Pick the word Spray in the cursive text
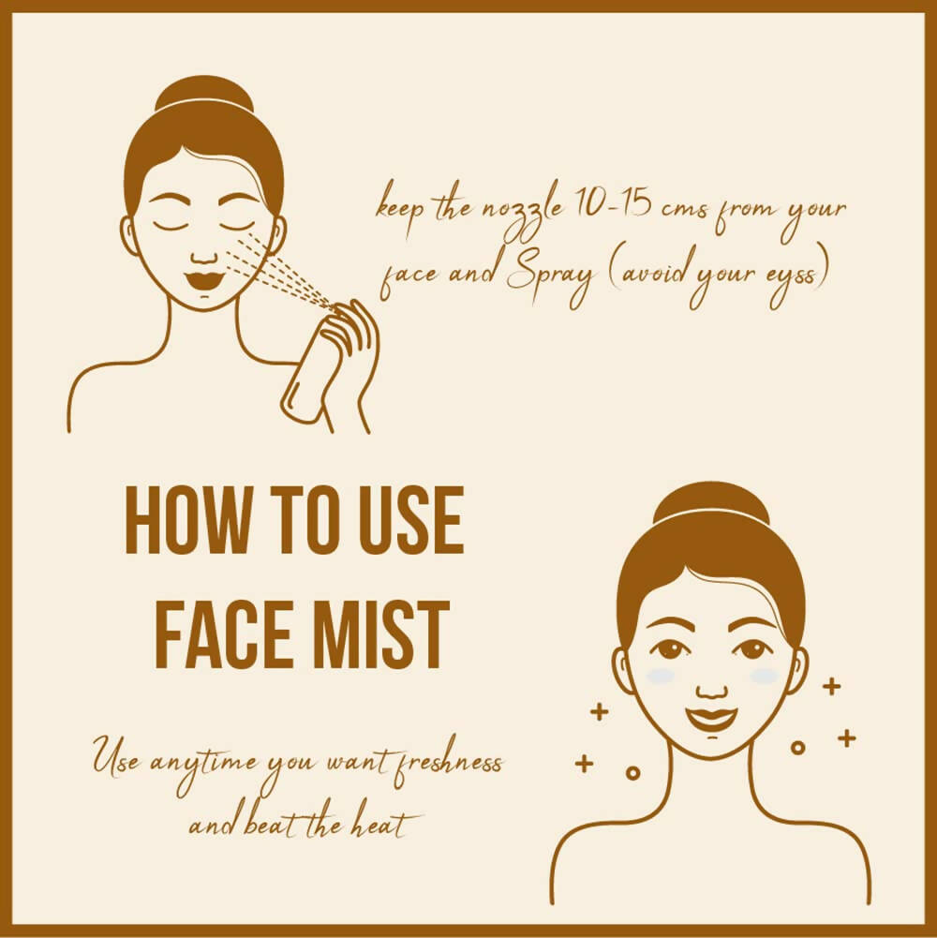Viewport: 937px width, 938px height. pyautogui.click(x=550, y=276)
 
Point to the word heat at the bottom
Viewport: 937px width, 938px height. pyautogui.click(x=383, y=826)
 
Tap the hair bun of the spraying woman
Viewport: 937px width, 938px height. pyautogui.click(x=204, y=96)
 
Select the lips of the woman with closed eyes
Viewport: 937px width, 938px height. pyautogui.click(x=204, y=279)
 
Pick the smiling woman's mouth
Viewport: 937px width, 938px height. pyautogui.click(x=711, y=717)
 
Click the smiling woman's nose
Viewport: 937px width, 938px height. pyautogui.click(x=712, y=688)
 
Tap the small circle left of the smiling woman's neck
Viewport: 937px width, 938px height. pyautogui.click(x=632, y=773)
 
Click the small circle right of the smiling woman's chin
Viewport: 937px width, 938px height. pyautogui.click(x=797, y=747)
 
